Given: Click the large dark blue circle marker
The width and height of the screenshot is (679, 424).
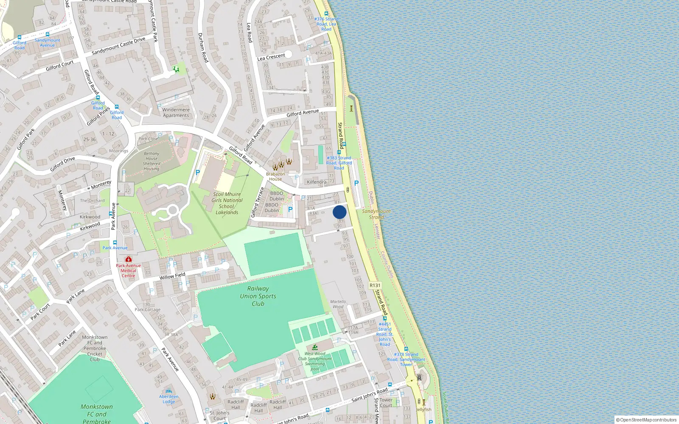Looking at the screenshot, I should coord(339,212).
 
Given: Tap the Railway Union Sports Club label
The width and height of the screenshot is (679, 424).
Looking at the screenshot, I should coord(258,296).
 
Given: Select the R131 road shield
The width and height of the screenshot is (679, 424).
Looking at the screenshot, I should coord(375,285).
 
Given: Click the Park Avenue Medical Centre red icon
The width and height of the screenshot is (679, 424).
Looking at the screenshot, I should coord(128,259).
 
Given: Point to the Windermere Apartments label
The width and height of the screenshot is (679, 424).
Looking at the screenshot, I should coord(176,112).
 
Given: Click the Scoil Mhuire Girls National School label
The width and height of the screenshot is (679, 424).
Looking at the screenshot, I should coord(227,203).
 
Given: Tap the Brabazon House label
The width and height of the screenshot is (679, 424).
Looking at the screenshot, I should coord(275,176).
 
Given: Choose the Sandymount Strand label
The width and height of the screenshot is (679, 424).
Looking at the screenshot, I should coord(376,214).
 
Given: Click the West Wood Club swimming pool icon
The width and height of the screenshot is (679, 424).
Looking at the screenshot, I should coord(315,347).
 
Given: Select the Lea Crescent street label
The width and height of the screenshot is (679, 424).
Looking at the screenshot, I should coord(271,57).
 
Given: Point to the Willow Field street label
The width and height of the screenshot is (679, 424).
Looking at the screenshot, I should coord(172,276).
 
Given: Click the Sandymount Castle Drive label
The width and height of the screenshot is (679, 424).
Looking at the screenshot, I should coord(118,46).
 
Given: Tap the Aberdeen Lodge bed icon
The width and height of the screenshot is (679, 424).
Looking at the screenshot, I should coord(169,391).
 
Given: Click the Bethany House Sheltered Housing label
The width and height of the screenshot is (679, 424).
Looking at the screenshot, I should coord(152,161).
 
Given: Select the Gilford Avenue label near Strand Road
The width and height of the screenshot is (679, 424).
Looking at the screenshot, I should coord(303,113).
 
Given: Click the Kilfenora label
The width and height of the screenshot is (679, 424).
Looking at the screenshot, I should coord(317,182).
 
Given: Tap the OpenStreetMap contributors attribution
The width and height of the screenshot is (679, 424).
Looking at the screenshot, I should coord(646,420).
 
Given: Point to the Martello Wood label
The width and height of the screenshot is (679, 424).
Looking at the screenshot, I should coord(338,304).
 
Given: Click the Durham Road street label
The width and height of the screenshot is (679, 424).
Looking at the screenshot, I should coord(203,47).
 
